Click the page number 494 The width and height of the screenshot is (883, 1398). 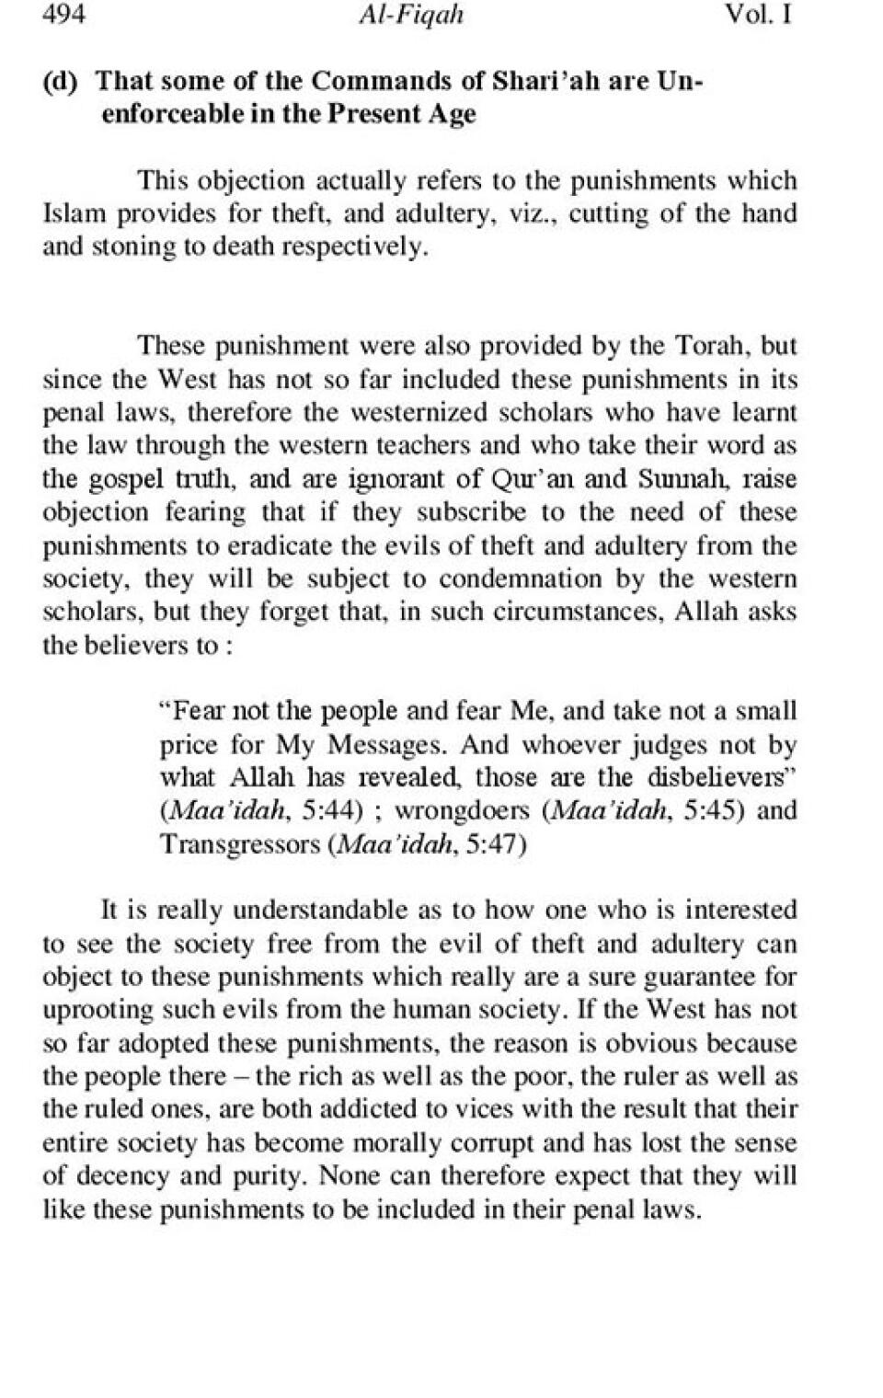coord(64,16)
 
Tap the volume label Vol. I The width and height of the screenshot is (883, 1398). coord(758,16)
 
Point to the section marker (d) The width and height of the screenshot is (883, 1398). coord(61,81)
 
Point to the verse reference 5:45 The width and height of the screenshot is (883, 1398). coord(712,811)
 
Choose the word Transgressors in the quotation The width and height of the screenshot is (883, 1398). coord(240,844)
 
